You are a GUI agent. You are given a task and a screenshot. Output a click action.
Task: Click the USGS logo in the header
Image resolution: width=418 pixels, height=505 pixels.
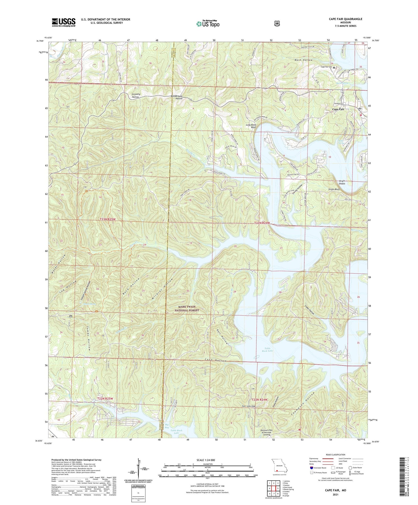tap(64, 22)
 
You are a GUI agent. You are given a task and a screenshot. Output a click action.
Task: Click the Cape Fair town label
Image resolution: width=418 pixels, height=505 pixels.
tap(338, 109)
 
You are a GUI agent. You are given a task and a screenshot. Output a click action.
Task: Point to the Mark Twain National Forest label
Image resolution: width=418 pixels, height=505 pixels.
tap(189, 308)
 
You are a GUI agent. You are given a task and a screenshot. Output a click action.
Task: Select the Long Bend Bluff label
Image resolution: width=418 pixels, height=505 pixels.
tap(251, 126)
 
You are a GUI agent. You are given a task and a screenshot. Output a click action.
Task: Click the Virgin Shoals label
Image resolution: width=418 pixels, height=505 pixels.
tap(342, 182)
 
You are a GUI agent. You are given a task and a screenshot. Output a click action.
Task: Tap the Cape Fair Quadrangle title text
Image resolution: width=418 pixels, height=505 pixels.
tap(345, 19)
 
